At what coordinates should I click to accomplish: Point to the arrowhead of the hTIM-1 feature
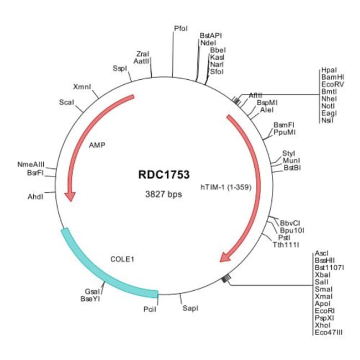pyautogui.click(x=226, y=256)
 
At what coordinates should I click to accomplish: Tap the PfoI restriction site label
pyautogui.click(x=181, y=27)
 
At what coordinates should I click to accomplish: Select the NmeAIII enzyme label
pyautogui.click(x=31, y=165)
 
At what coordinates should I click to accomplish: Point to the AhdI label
pyautogui.click(x=35, y=197)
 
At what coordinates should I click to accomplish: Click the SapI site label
pyautogui.click(x=190, y=308)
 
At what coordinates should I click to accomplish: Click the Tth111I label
pyautogui.click(x=286, y=244)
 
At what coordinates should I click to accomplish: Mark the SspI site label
pyautogui.click(x=120, y=69)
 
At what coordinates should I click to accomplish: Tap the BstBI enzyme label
pyautogui.click(x=292, y=167)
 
